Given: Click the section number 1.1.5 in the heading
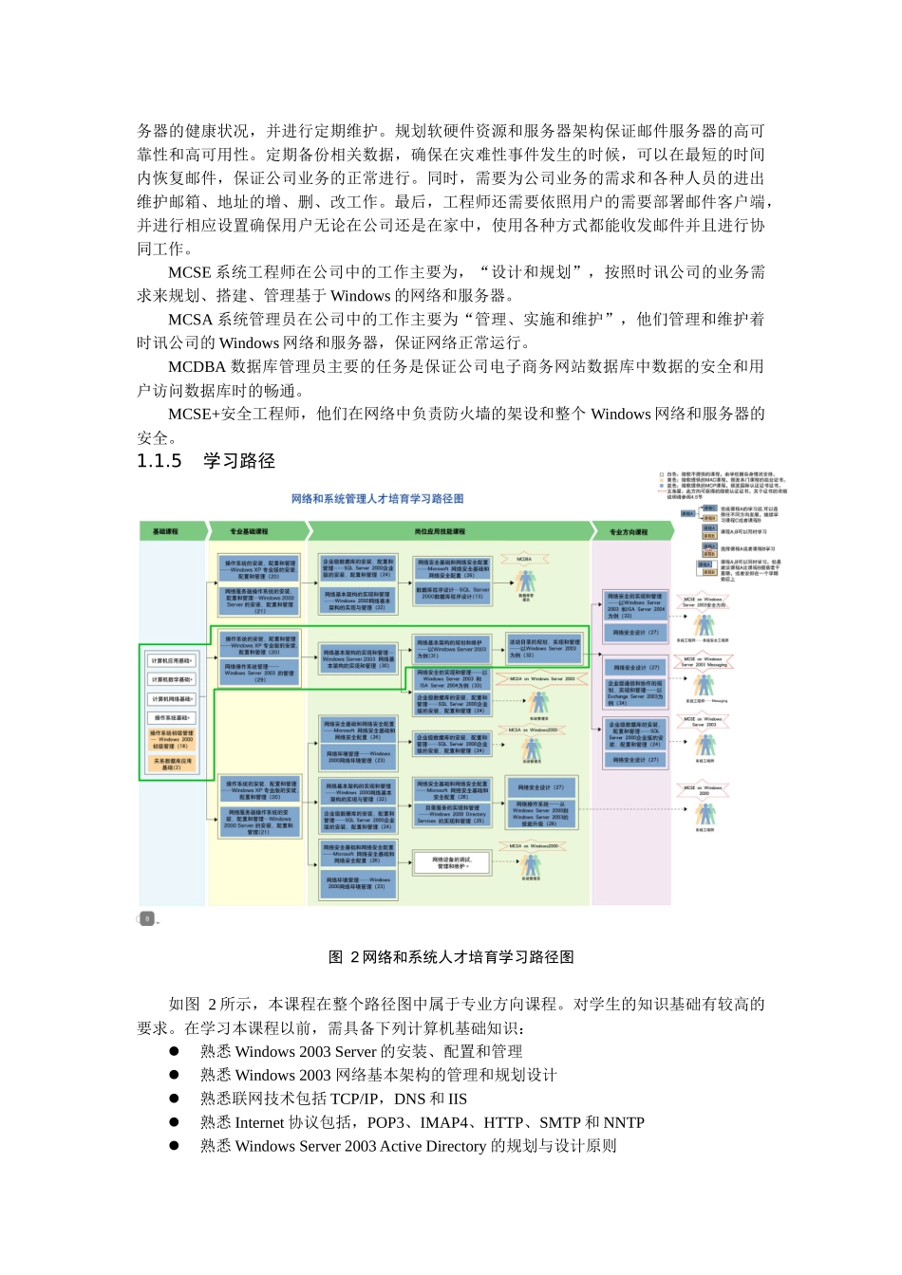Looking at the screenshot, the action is pos(160,461).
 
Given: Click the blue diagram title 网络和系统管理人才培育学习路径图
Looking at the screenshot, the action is pos(377,498).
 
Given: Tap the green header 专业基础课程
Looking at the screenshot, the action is pos(249,531).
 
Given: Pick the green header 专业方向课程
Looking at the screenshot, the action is pos(628,532).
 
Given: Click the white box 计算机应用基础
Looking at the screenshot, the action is pos(172,660).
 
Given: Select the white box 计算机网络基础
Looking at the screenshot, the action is pos(172,699).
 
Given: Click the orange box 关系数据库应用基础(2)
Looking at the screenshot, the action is pos(172,764).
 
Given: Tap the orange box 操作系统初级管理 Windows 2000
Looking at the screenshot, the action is pos(172,739).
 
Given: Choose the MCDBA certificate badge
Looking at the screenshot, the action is pos(525,561).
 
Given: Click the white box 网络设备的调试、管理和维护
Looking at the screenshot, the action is pos(451,862).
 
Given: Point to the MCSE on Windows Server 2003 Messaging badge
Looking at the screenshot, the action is pos(704,661).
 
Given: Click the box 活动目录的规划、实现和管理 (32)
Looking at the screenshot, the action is pos(543,648).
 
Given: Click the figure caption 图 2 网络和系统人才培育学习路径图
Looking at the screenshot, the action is pos(451,957).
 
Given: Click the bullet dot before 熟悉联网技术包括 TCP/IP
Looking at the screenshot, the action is pos(175,1099).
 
